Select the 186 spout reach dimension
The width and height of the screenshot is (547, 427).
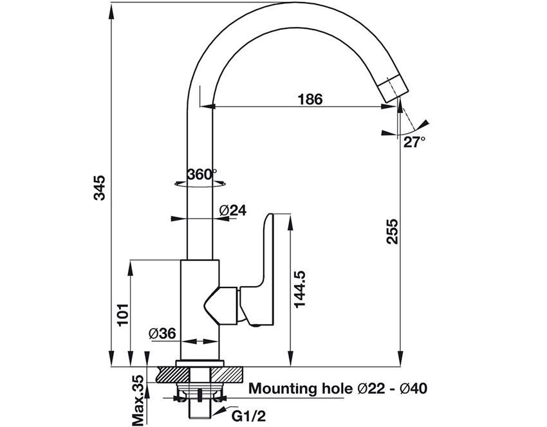(x=310, y=99)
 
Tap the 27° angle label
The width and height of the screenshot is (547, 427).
(x=414, y=143)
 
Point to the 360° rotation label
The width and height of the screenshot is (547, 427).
(x=201, y=174)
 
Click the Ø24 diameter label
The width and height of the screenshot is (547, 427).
(x=233, y=210)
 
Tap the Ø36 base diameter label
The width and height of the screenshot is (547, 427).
(x=162, y=334)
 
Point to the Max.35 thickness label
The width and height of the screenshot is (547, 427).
(x=138, y=400)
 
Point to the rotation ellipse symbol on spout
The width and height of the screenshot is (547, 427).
(x=201, y=184)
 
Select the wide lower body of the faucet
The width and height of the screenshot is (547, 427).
(x=199, y=309)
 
